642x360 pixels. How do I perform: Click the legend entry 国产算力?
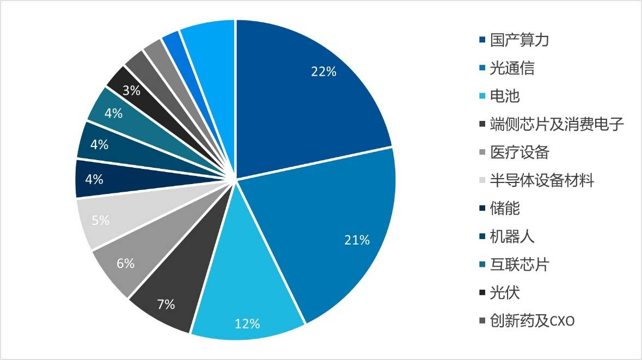(x=519, y=40)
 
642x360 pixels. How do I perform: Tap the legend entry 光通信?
(x=512, y=68)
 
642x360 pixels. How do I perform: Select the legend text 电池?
(x=505, y=96)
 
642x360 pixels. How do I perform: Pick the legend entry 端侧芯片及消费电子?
(x=557, y=124)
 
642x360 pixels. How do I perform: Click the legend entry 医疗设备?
(x=519, y=152)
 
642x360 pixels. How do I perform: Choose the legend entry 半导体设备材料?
(x=541, y=180)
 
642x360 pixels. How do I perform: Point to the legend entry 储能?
(x=505, y=208)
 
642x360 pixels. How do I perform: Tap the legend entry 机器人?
(x=512, y=236)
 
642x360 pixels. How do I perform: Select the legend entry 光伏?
(x=505, y=292)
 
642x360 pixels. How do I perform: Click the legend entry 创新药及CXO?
(x=532, y=321)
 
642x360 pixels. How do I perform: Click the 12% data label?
(x=247, y=324)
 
